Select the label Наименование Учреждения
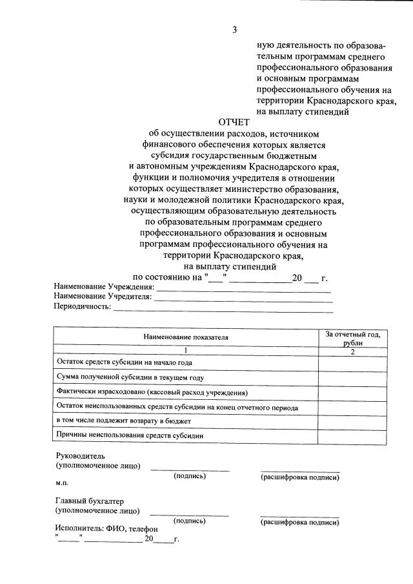[x=105, y=287]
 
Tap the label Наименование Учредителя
[x=103, y=297]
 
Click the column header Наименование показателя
[x=186, y=337]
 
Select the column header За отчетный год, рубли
[x=353, y=339]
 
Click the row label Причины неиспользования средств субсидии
[x=130, y=435]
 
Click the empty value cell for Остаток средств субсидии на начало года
[x=353, y=362]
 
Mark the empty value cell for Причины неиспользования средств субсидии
[x=353, y=435]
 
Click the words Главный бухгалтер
[x=90, y=501]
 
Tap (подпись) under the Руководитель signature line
[x=190, y=476]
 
